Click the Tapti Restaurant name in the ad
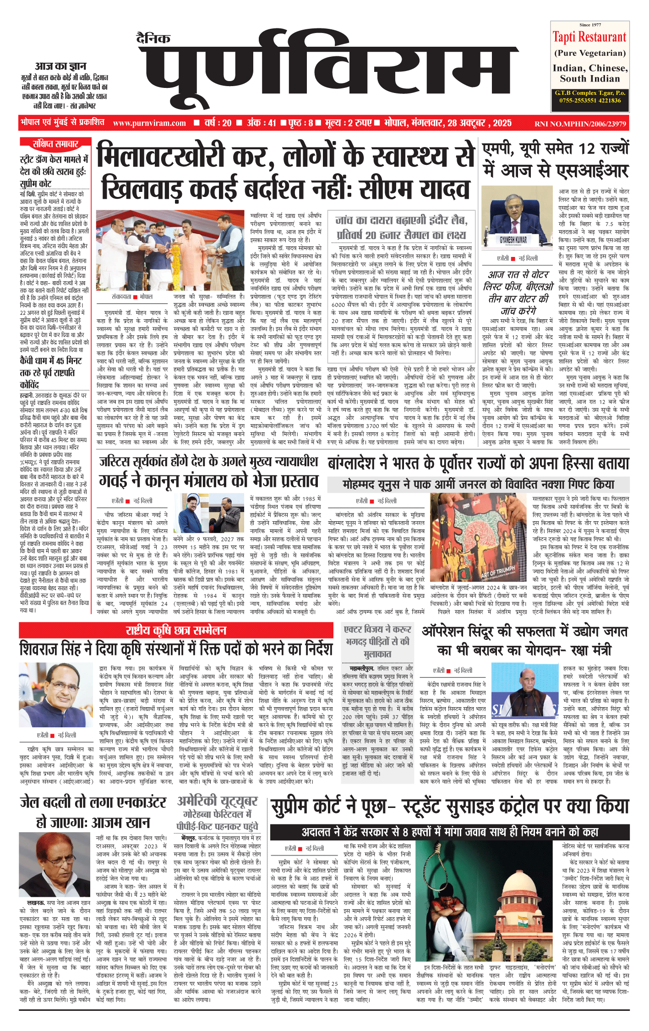(x=589, y=37)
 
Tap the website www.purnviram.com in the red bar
(x=149, y=123)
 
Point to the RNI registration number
(x=580, y=124)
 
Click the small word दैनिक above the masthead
(x=153, y=38)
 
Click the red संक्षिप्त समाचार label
(x=55, y=144)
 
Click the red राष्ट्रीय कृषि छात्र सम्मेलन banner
(x=176, y=630)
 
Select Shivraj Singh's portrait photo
(x=56, y=696)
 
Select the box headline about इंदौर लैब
(x=402, y=228)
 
